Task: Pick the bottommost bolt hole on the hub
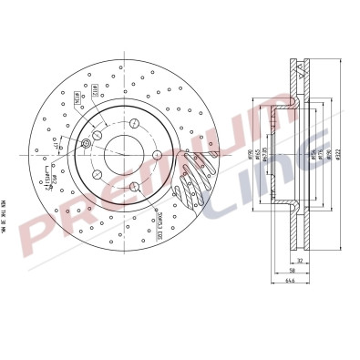[x=134, y=187]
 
